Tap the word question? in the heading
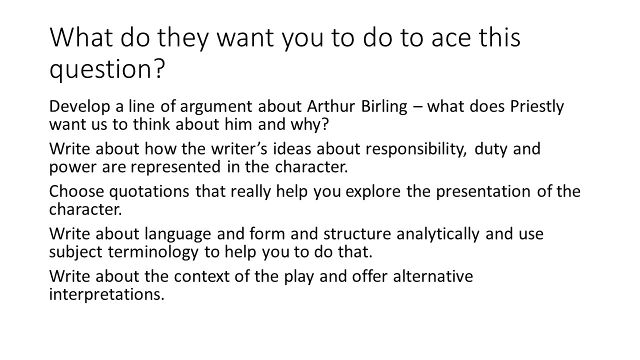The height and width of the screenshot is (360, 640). coord(106,69)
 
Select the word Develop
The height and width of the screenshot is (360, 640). coord(77,107)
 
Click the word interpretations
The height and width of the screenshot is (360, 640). coord(106,294)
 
